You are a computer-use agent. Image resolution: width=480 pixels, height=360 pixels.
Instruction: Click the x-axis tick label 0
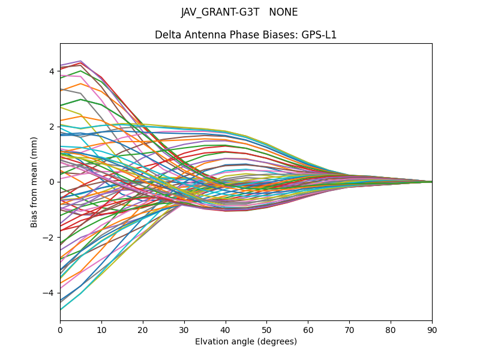pyautogui.click(x=60, y=329)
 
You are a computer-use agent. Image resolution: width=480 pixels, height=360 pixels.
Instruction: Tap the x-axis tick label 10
pyautogui.click(x=101, y=329)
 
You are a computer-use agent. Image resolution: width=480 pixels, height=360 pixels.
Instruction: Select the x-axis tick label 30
pyautogui.click(x=184, y=329)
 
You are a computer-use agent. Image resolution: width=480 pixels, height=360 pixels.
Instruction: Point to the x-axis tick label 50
pyautogui.click(x=266, y=329)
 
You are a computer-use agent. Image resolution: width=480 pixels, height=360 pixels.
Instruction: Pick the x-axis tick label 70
pyautogui.click(x=349, y=329)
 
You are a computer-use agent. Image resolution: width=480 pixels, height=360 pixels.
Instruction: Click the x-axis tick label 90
pyautogui.click(x=432, y=329)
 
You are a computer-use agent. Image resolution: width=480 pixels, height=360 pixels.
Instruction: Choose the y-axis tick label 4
pyautogui.click(x=52, y=71)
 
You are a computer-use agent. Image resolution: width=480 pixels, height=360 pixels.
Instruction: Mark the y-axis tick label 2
pyautogui.click(x=52, y=127)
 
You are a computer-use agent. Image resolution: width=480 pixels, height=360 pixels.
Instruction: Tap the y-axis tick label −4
pyautogui.click(x=49, y=293)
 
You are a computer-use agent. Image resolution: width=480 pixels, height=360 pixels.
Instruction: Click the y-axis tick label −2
pyautogui.click(x=49, y=238)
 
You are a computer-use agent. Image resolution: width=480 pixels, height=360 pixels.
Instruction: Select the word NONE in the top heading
pyautogui.click(x=283, y=13)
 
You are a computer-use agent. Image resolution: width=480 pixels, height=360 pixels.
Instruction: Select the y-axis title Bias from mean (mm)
pyautogui.click(x=35, y=182)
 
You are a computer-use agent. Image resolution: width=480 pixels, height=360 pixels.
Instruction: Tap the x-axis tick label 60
pyautogui.click(x=308, y=329)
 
